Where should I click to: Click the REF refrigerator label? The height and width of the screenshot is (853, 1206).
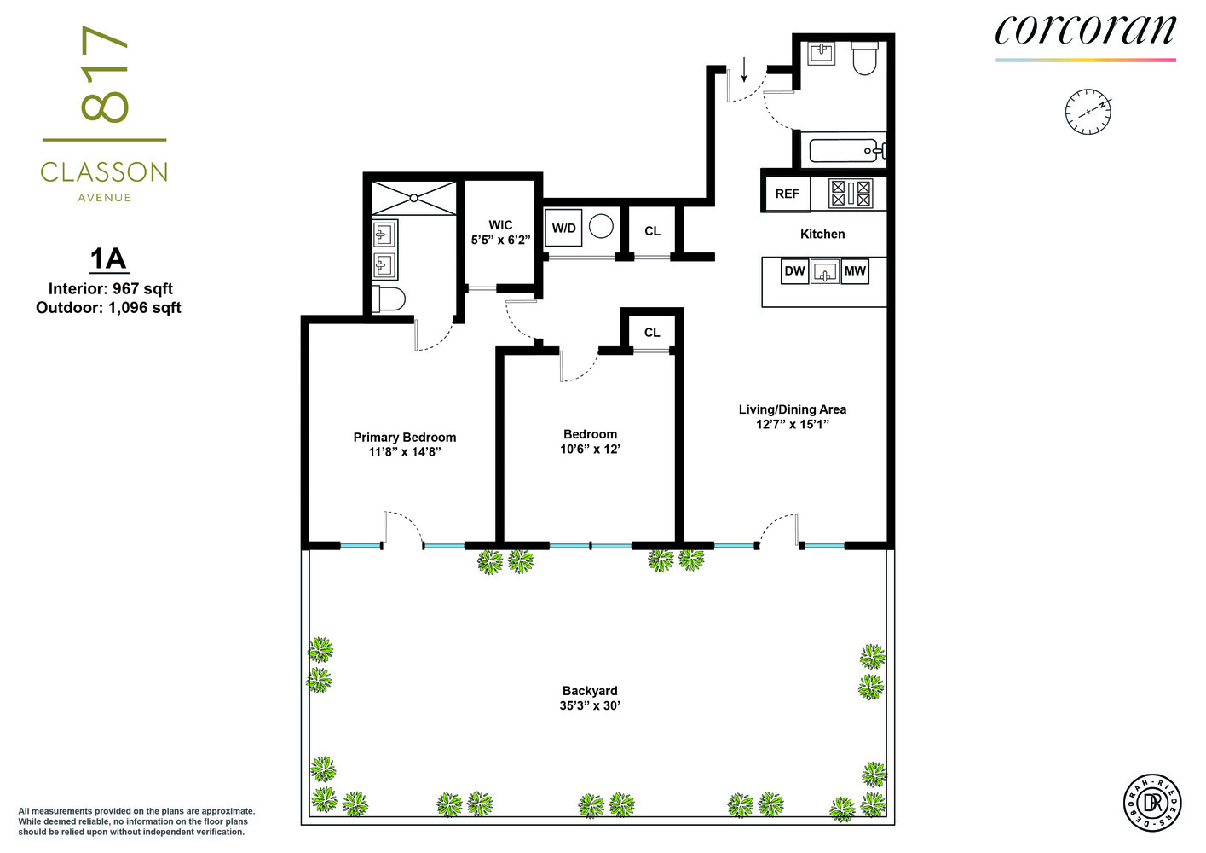click(x=787, y=194)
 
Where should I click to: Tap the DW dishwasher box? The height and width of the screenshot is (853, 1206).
click(x=794, y=271)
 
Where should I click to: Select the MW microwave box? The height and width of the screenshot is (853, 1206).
click(x=855, y=271)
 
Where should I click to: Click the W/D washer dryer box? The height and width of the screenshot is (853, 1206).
click(x=563, y=228)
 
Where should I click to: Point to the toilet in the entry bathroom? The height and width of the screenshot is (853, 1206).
click(x=865, y=58)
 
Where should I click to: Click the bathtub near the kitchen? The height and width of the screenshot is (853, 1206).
click(x=845, y=151)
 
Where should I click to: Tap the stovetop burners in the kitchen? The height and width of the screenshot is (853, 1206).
click(x=851, y=194)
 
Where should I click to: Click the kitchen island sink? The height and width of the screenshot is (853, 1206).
click(x=825, y=271)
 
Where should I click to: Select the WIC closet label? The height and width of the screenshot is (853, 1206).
click(x=500, y=224)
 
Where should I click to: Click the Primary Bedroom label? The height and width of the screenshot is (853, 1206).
click(x=404, y=437)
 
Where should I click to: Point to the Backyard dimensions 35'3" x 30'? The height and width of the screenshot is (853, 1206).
click(x=590, y=705)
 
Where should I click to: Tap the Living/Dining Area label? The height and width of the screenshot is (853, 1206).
click(x=793, y=409)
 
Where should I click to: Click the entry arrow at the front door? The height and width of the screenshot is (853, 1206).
click(x=744, y=69)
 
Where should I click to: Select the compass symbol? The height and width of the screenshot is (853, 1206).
click(x=1088, y=112)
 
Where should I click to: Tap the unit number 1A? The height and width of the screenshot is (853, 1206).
click(x=109, y=258)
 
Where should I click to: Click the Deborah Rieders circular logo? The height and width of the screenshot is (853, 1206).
click(x=1152, y=803)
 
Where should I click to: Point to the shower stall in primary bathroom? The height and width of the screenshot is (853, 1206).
click(x=414, y=198)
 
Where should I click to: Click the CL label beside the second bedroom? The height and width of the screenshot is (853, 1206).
click(x=652, y=333)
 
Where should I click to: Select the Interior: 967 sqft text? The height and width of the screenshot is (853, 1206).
click(x=110, y=289)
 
